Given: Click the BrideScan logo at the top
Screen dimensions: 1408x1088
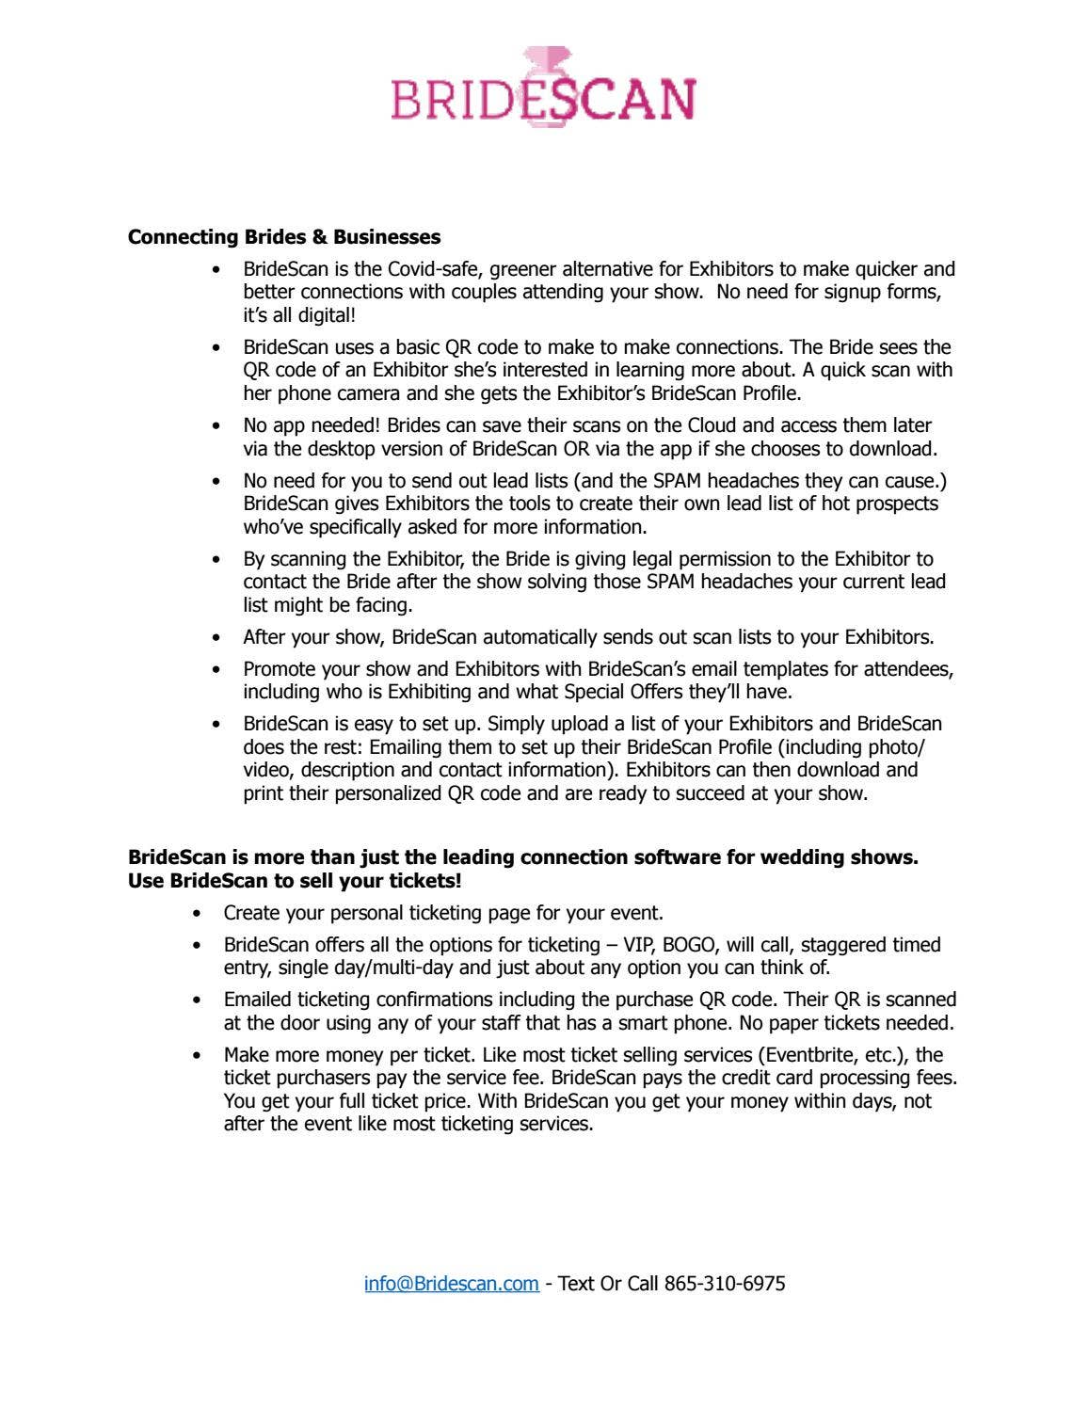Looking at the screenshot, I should (543, 88).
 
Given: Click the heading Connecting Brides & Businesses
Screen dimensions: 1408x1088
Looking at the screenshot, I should (284, 237).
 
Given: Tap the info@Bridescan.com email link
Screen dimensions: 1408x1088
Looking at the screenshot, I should (452, 1283).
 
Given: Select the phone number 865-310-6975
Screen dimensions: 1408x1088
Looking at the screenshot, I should (725, 1283).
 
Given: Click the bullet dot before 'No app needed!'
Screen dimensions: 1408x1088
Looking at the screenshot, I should (217, 426).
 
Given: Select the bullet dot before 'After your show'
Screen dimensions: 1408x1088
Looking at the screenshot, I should (217, 637).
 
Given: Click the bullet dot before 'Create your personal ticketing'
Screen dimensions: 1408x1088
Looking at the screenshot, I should (197, 913).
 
